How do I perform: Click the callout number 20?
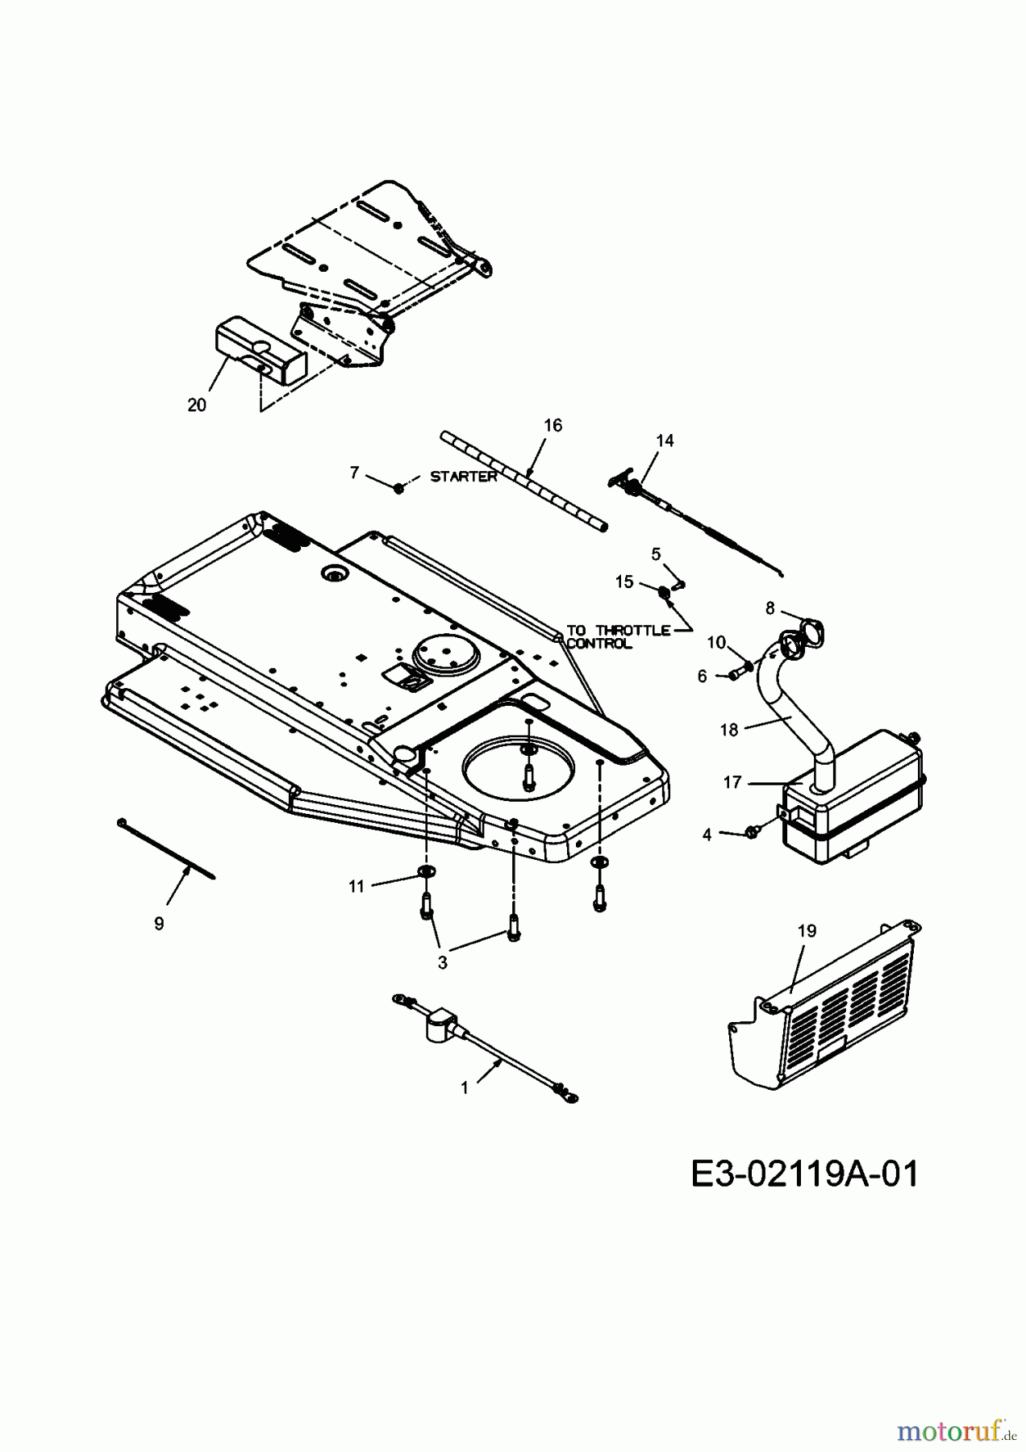(x=197, y=405)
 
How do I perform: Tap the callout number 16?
(x=553, y=425)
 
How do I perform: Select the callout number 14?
(x=665, y=440)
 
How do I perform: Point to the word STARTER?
(x=464, y=476)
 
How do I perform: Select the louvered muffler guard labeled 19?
(x=831, y=1016)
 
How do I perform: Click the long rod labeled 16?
(x=524, y=481)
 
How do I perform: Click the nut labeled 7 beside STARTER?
(x=398, y=488)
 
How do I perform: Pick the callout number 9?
(x=159, y=924)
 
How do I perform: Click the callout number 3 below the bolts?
(x=442, y=962)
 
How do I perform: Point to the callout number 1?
(x=465, y=1087)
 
